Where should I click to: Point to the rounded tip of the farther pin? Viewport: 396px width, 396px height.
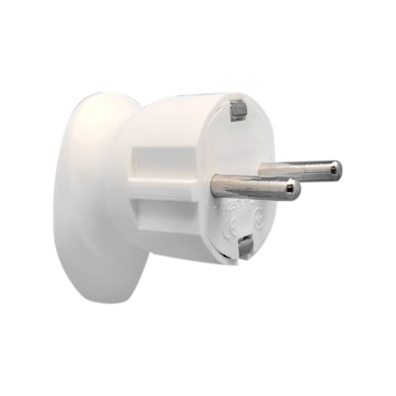[335, 170]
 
